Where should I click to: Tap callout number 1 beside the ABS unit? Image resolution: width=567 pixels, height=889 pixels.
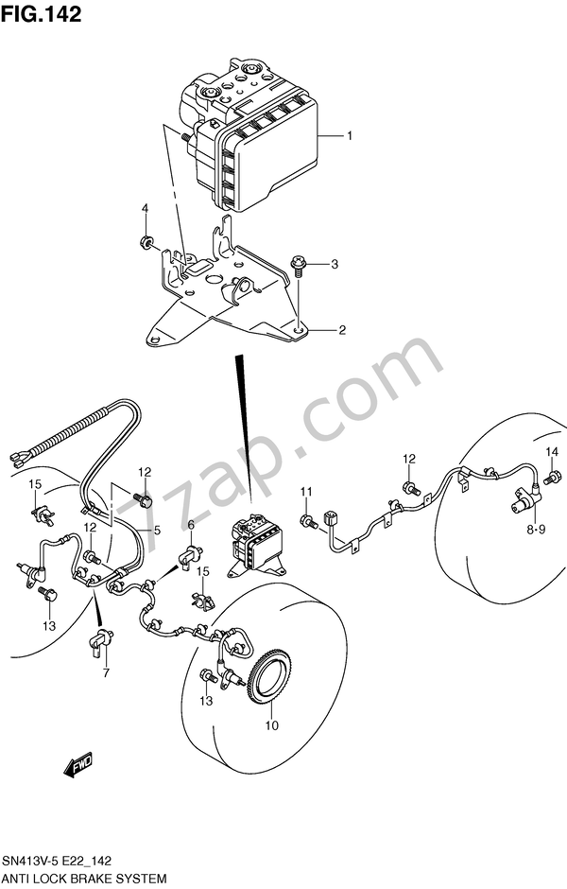349,136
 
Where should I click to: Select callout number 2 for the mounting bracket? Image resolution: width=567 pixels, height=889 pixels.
342,330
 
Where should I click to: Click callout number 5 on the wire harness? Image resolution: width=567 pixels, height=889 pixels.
157,531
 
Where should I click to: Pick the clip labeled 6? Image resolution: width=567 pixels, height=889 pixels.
192,554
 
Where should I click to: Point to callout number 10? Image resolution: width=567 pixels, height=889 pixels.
272,726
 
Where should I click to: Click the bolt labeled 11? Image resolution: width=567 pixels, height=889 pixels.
308,520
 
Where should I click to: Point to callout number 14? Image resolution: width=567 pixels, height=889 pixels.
552,450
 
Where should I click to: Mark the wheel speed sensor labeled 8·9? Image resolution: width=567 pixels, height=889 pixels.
524,495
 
